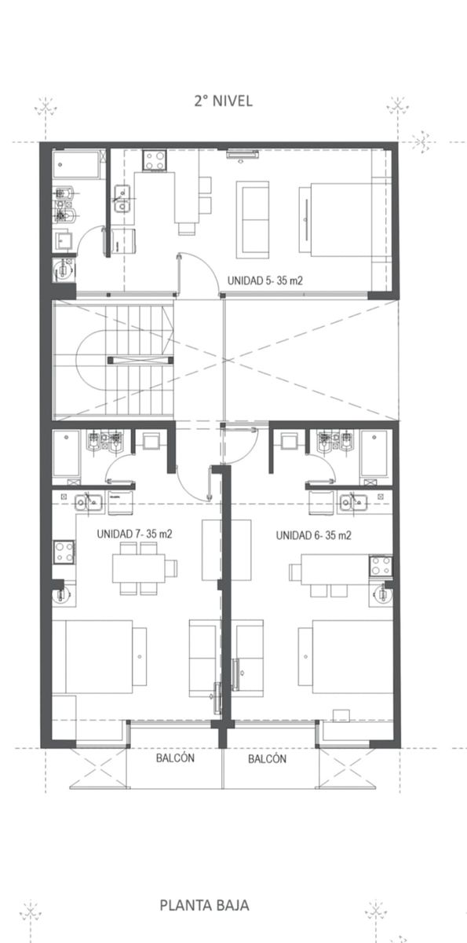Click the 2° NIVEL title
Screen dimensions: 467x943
[x=223, y=101]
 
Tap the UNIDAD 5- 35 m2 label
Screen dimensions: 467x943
[x=265, y=281]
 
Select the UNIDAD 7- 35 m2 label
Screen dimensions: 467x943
[x=134, y=534]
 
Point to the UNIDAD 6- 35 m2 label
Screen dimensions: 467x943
[x=314, y=535]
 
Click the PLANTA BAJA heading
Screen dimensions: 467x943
[x=204, y=905]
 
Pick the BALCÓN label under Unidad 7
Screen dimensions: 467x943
[x=175, y=758]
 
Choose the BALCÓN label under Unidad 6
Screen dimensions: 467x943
[x=268, y=759]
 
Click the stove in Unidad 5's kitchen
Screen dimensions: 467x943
[x=154, y=160]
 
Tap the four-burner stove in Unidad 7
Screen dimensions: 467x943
[x=64, y=552]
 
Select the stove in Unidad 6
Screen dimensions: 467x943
[x=381, y=566]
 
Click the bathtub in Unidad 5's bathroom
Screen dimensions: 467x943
[x=76, y=165]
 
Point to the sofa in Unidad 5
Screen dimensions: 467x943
[x=253, y=219]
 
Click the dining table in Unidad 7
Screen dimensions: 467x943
[x=139, y=568]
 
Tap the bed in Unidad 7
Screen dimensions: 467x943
[x=99, y=657]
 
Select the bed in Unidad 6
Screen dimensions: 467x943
[x=345, y=657]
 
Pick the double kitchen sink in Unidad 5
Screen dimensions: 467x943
[x=122, y=199]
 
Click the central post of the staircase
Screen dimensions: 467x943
[x=140, y=360]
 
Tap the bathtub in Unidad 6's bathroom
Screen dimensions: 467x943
[x=374, y=454]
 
